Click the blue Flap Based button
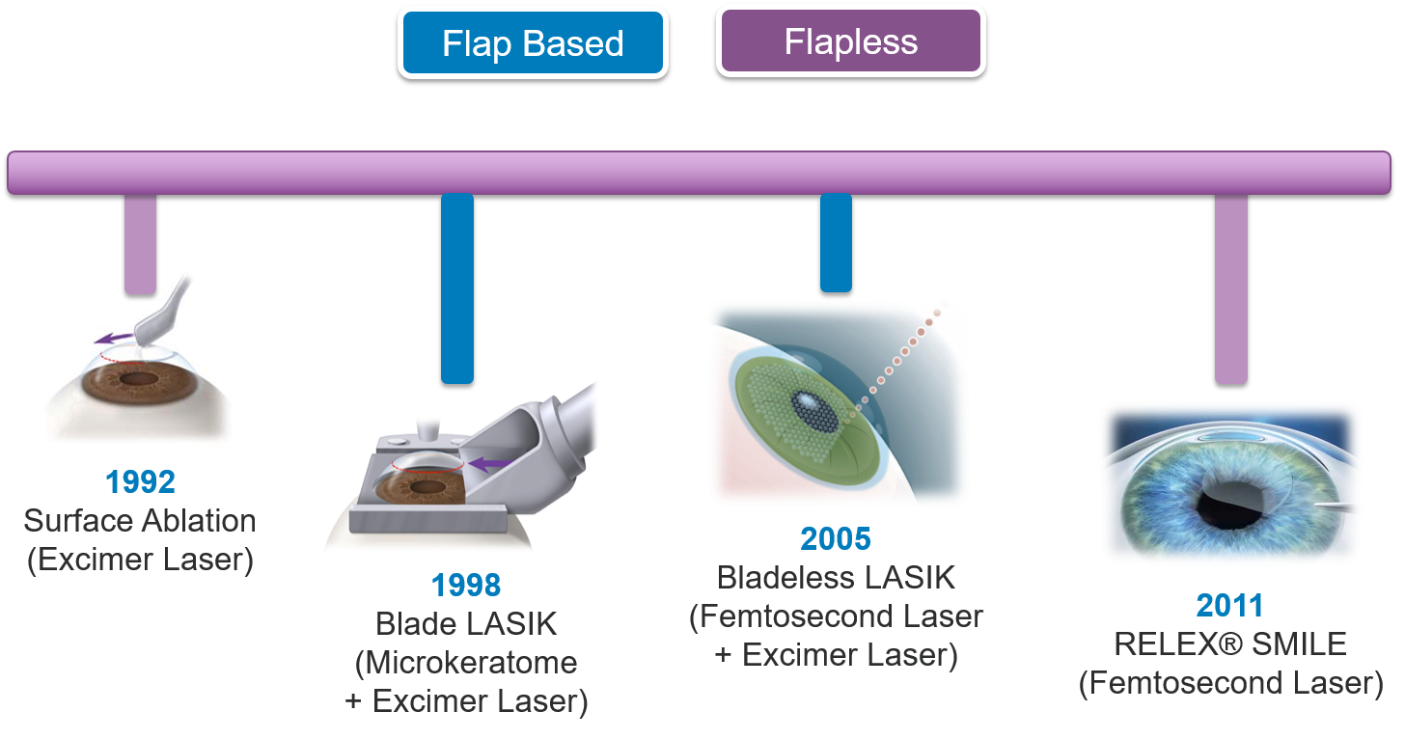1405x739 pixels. coord(533,42)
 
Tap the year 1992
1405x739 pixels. coord(140,482)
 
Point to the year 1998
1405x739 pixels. coord(465,586)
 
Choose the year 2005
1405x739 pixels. coord(836,539)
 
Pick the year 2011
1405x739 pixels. coord(1229,605)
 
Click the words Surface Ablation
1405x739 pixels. coord(140,521)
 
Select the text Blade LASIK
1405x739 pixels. coord(466,624)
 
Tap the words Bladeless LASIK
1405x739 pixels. coord(836,578)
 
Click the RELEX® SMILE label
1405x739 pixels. coord(1230,644)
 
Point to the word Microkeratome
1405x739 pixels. coord(471,663)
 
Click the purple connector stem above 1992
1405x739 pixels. coord(140,244)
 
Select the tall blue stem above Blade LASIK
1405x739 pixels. coord(457,288)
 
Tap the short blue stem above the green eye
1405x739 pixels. coord(836,243)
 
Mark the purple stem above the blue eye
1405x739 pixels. coord(1230,288)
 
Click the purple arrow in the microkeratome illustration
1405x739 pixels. coord(491,464)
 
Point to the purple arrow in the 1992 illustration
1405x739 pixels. coord(113,338)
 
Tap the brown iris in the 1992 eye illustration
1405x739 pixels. coord(139,381)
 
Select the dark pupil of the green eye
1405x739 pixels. coord(815,412)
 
